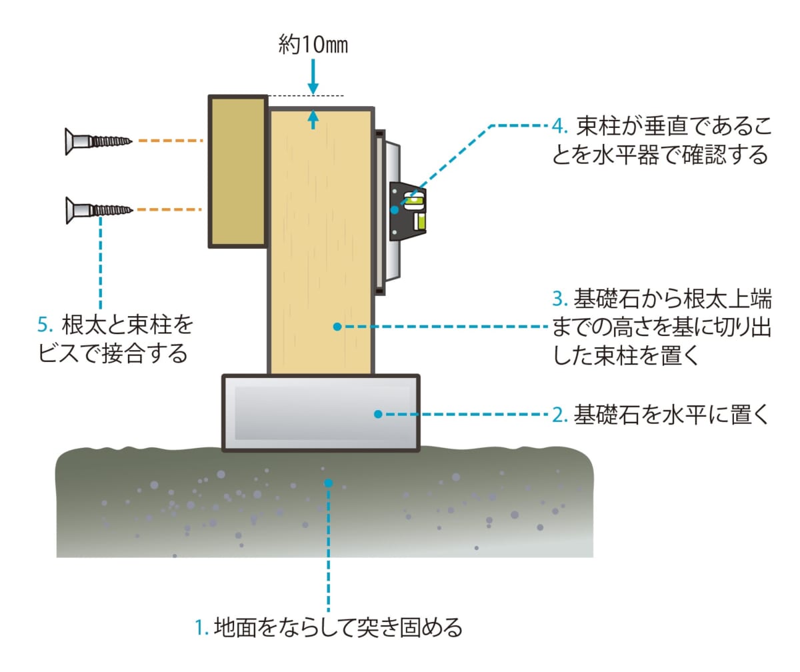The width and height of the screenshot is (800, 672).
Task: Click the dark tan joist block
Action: pos(238,171)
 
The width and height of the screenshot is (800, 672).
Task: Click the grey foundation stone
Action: pos(320,413)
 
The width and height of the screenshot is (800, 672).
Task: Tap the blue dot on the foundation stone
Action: pos(378,414)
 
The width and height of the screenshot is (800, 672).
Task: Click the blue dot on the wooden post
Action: pos(337,327)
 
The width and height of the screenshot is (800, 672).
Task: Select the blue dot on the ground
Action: pos(328,482)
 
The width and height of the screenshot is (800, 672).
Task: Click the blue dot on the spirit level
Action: pos(395,209)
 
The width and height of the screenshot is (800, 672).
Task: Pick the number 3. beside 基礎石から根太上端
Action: pos(560,301)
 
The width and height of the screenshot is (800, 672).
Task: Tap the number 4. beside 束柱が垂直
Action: pos(559,125)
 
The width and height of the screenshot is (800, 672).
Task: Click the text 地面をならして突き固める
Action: pos(337,627)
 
